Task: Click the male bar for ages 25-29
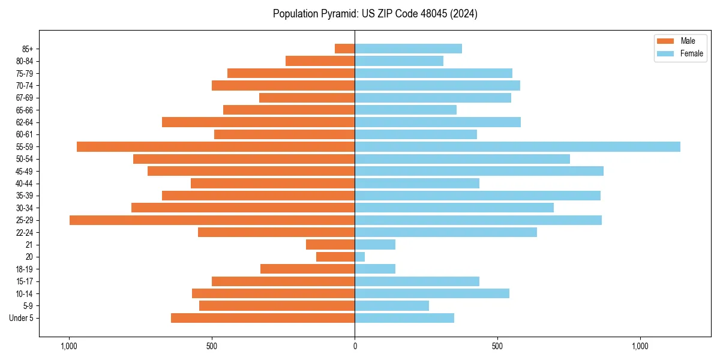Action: (x=212, y=220)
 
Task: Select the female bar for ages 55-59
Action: (x=517, y=146)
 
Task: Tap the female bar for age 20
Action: (x=360, y=257)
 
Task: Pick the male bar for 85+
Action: (x=345, y=49)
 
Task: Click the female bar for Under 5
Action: (x=404, y=318)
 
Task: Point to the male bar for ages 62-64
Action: (x=258, y=122)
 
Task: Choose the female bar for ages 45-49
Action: (x=479, y=171)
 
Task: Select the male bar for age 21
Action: (x=330, y=245)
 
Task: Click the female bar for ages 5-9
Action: (x=392, y=306)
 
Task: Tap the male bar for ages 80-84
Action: (x=320, y=61)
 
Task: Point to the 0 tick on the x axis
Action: (x=355, y=346)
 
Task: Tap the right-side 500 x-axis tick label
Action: (x=497, y=346)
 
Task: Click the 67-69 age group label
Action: (x=24, y=98)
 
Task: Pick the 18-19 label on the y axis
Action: (x=24, y=269)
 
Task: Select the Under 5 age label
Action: (x=21, y=318)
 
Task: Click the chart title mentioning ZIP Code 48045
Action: (x=375, y=14)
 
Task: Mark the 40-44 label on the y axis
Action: (x=24, y=184)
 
